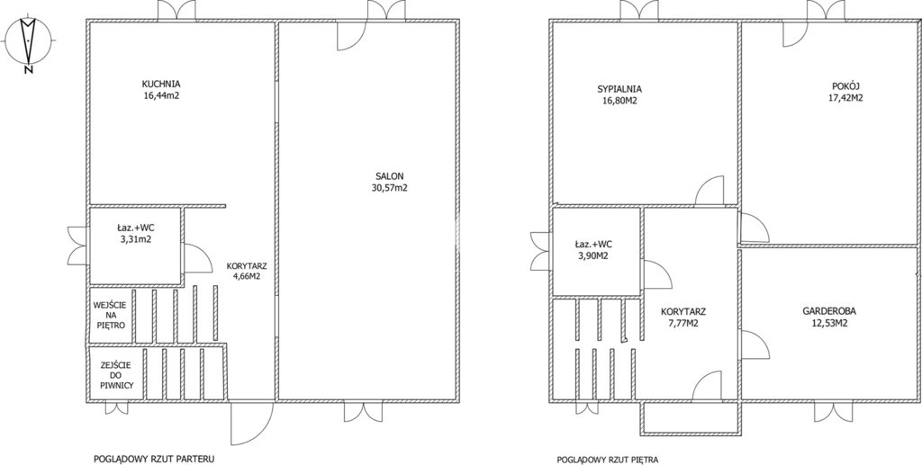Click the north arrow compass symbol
tap(28, 43)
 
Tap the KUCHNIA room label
tap(161, 84)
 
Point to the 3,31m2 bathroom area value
tap(134, 239)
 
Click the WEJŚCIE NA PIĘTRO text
tap(110, 315)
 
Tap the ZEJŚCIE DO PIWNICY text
tap(116, 375)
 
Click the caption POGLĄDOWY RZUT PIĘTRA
tap(608, 460)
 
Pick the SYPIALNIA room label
tap(619, 89)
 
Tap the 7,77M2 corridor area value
tap(682, 323)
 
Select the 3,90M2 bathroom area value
tap(592, 255)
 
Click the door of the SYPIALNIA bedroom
tap(710, 192)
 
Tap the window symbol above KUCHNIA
tap(176, 10)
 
